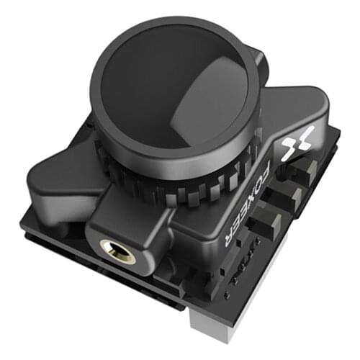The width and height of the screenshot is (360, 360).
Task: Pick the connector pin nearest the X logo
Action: tap(306, 170)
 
